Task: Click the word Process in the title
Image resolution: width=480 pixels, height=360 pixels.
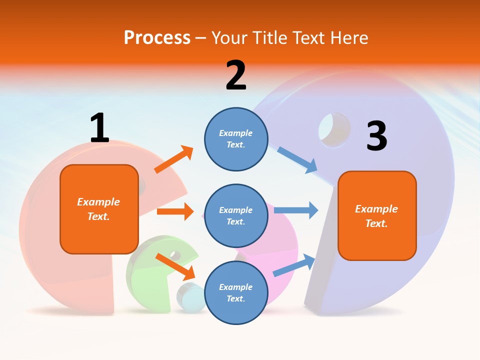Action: click(157, 37)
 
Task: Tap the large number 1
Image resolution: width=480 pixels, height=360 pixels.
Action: click(99, 128)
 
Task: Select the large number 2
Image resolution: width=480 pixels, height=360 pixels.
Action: click(236, 75)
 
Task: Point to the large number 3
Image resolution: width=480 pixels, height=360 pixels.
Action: click(376, 136)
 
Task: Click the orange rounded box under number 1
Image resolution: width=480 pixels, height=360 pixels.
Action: click(99, 209)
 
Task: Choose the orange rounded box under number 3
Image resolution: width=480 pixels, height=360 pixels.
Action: click(377, 215)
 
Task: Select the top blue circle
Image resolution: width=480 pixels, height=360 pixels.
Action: click(236, 139)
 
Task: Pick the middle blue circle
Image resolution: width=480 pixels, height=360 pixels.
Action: click(236, 215)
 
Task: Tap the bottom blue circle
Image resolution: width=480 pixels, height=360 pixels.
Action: click(236, 292)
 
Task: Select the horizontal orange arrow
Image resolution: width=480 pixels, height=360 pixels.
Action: click(175, 211)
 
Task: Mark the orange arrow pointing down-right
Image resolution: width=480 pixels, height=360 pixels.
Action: click(175, 266)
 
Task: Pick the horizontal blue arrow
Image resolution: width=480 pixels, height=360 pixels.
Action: click(296, 210)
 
